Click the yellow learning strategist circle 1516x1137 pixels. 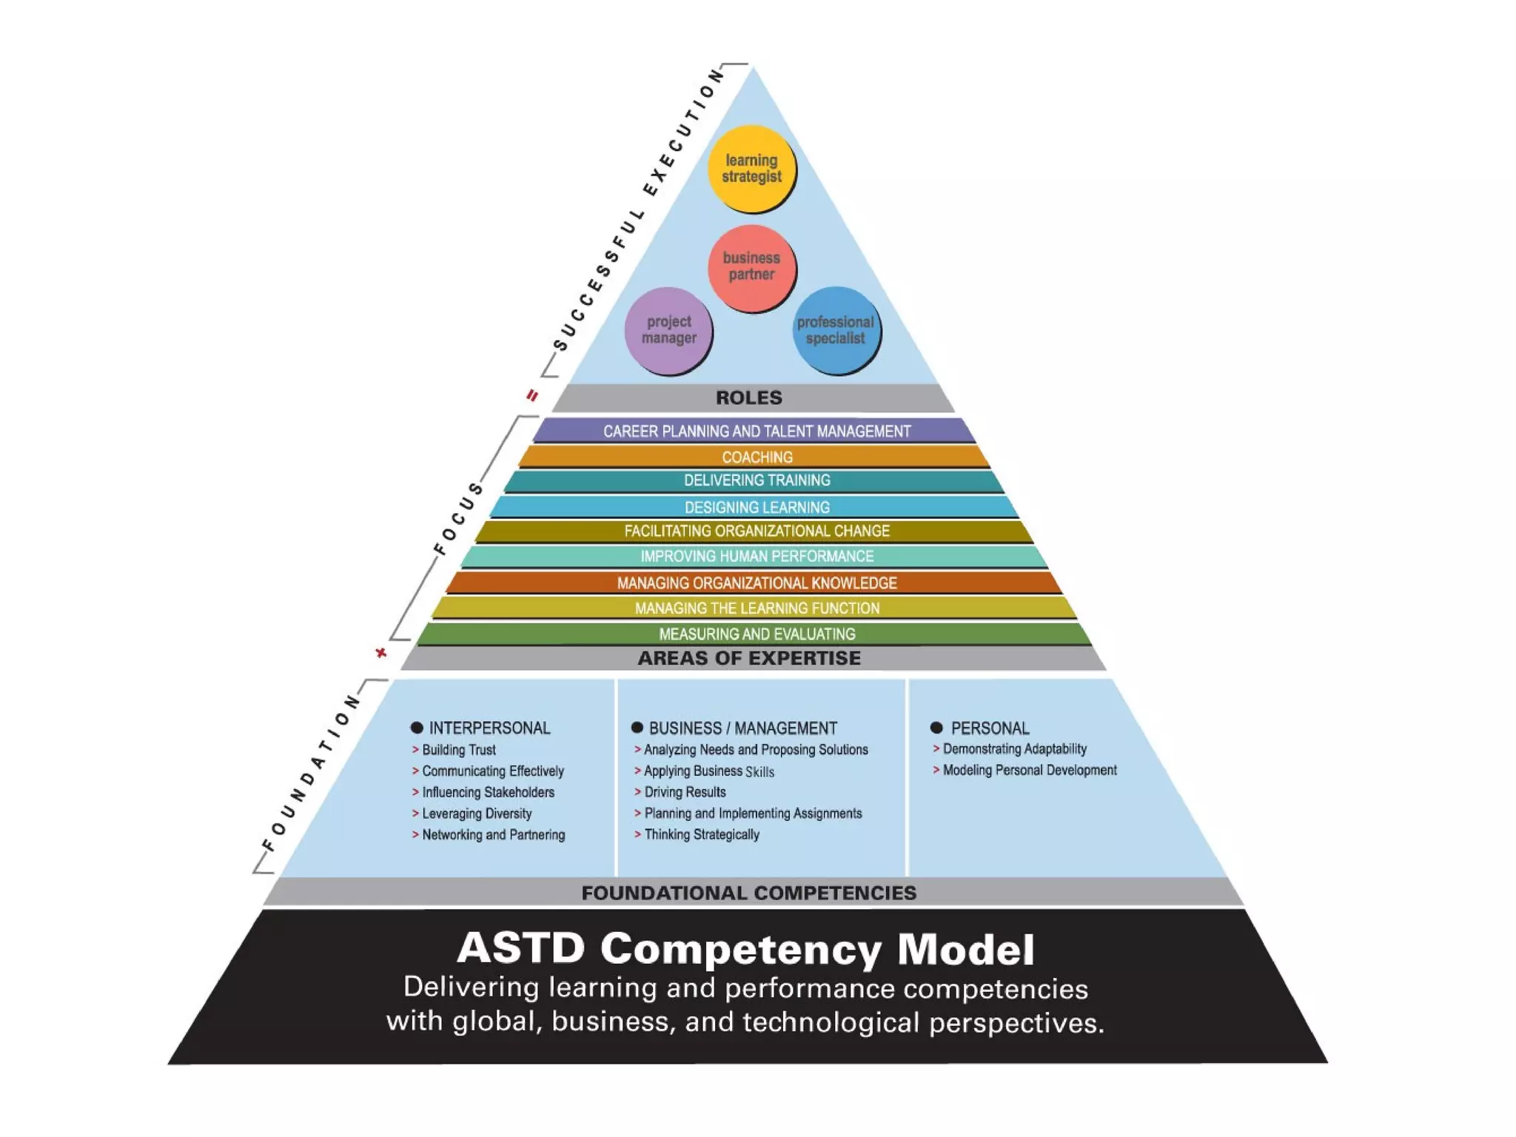(x=751, y=168)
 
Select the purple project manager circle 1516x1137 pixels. (x=668, y=330)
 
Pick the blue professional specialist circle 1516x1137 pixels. (x=836, y=330)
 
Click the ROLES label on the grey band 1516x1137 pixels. (x=748, y=398)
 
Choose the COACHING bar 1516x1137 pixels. (x=757, y=457)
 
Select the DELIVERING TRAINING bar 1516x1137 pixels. (x=757, y=481)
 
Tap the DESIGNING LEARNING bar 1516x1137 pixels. (x=757, y=507)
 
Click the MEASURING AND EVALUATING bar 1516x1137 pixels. (x=757, y=634)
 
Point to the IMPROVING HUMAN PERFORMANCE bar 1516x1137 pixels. (x=757, y=557)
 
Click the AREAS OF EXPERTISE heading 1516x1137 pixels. (x=749, y=658)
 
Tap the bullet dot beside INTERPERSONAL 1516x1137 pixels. (x=417, y=728)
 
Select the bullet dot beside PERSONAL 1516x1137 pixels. (x=936, y=728)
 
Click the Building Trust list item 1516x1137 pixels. (x=458, y=750)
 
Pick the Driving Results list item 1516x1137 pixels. (x=685, y=792)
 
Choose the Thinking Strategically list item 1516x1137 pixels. (x=701, y=835)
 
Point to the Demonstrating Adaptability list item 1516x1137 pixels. (x=1014, y=749)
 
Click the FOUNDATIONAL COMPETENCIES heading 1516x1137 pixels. (x=748, y=893)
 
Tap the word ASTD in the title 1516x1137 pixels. (x=521, y=948)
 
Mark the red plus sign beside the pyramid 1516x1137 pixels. (x=381, y=652)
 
